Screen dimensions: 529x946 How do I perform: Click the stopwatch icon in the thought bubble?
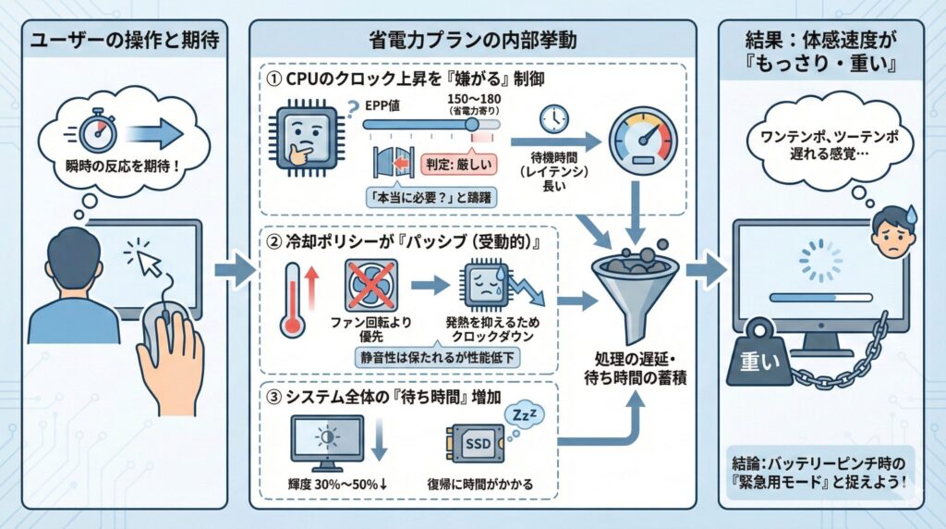click(x=95, y=132)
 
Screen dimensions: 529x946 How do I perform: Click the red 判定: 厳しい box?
click(x=458, y=166)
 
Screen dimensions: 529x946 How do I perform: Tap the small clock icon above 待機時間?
click(x=554, y=118)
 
